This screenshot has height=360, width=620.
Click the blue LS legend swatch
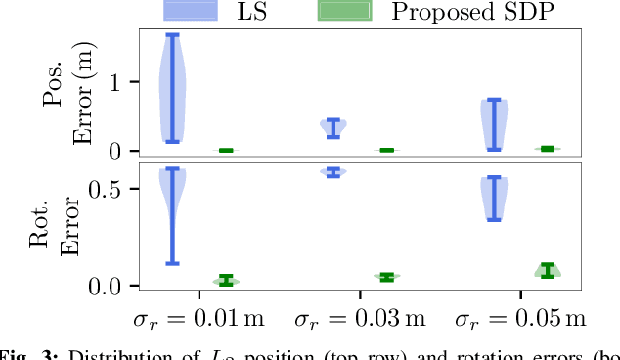202,11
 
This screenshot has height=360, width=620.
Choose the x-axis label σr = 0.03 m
359,319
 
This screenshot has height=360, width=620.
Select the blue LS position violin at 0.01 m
172,88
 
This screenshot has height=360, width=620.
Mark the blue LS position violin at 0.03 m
333,128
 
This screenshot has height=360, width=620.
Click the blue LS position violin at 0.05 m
494,124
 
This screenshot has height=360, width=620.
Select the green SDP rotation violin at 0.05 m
547,270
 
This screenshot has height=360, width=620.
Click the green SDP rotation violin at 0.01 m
226,280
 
